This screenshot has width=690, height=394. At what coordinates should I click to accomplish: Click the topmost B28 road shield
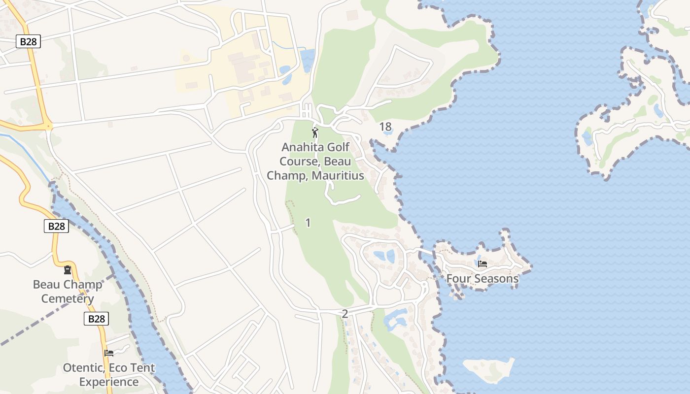pyautogui.click(x=28, y=41)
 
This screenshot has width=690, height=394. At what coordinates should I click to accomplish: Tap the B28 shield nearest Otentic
pyautogui.click(x=96, y=319)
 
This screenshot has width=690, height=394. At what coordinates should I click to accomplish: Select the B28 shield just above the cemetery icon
pyautogui.click(x=56, y=226)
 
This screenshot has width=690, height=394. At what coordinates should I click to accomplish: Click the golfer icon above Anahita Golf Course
pyautogui.click(x=315, y=132)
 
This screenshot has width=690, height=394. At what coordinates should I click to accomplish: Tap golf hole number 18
pyautogui.click(x=385, y=127)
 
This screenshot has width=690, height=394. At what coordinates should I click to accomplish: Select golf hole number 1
pyautogui.click(x=308, y=223)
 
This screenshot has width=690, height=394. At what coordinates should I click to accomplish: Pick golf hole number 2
pyautogui.click(x=345, y=314)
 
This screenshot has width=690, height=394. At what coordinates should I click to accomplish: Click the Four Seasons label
pyautogui.click(x=482, y=279)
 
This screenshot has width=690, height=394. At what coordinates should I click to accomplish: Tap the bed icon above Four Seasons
pyautogui.click(x=483, y=264)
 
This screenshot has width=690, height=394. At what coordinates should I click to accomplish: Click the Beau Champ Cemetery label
pyautogui.click(x=68, y=292)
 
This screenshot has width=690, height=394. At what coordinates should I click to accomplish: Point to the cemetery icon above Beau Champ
pyautogui.click(x=67, y=270)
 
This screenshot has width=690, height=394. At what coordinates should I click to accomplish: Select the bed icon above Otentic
pyautogui.click(x=109, y=353)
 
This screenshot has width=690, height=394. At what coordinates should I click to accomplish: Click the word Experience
pyautogui.click(x=109, y=382)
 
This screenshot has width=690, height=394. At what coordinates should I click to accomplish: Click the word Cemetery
pyautogui.click(x=68, y=298)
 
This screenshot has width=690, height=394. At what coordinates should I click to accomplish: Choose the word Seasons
pyautogui.click(x=496, y=279)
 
